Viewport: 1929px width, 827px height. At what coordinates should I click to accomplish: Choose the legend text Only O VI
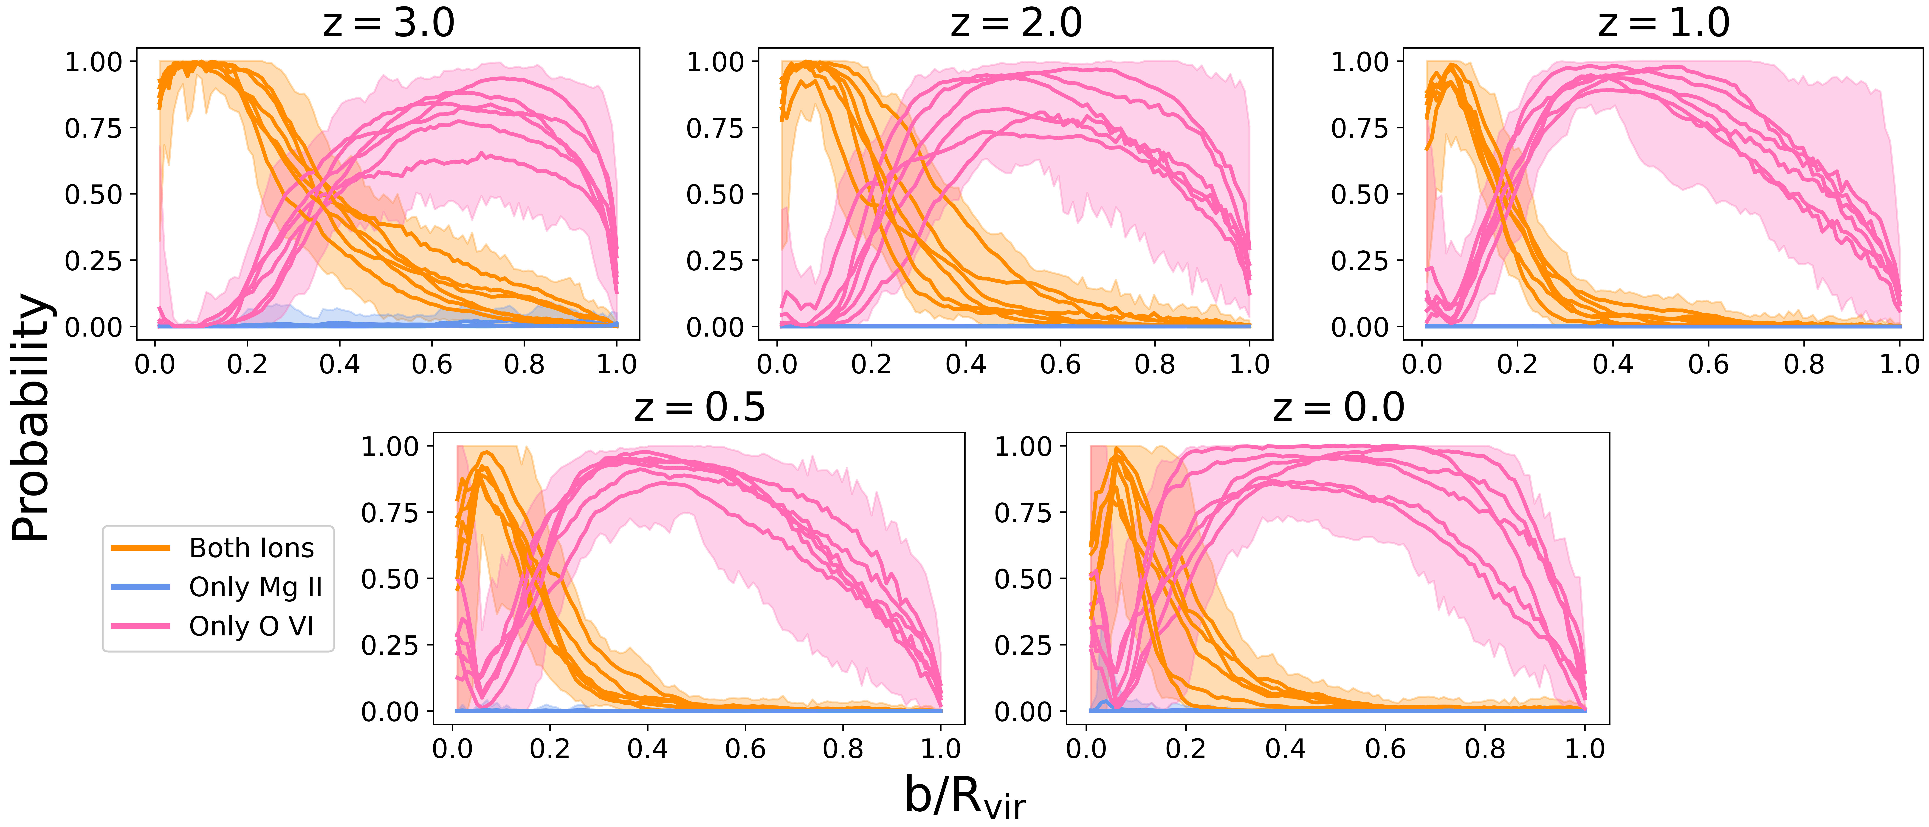pos(252,626)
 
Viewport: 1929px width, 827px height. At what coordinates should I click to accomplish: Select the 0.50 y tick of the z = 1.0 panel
pos(1359,194)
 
